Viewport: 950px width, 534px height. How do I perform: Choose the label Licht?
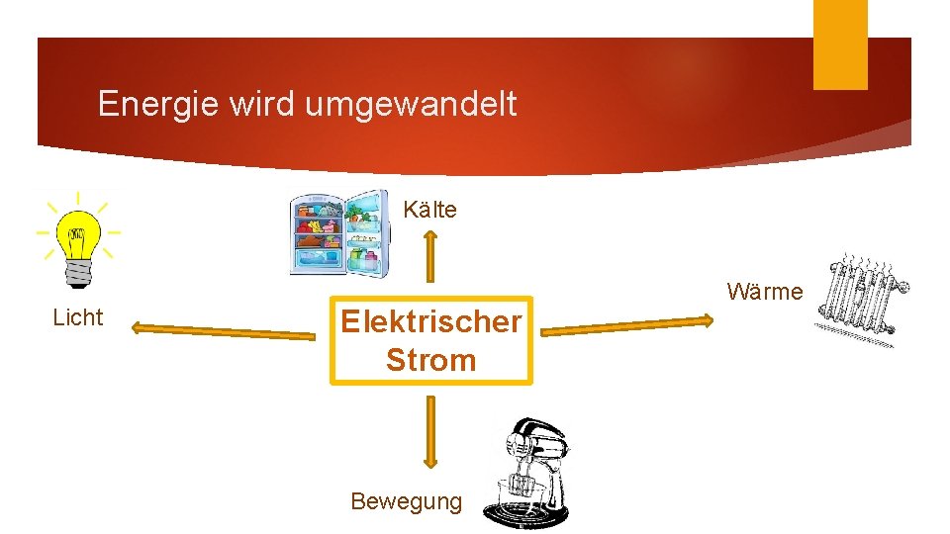coord(77,317)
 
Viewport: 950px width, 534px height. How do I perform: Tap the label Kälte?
coord(429,210)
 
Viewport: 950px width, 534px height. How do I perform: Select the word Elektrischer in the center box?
coord(430,321)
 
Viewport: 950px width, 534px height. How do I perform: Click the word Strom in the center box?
coord(430,360)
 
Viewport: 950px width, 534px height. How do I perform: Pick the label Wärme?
coord(764,292)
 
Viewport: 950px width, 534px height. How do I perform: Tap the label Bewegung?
coord(406,501)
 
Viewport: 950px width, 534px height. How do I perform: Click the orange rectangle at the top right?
coord(840,44)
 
